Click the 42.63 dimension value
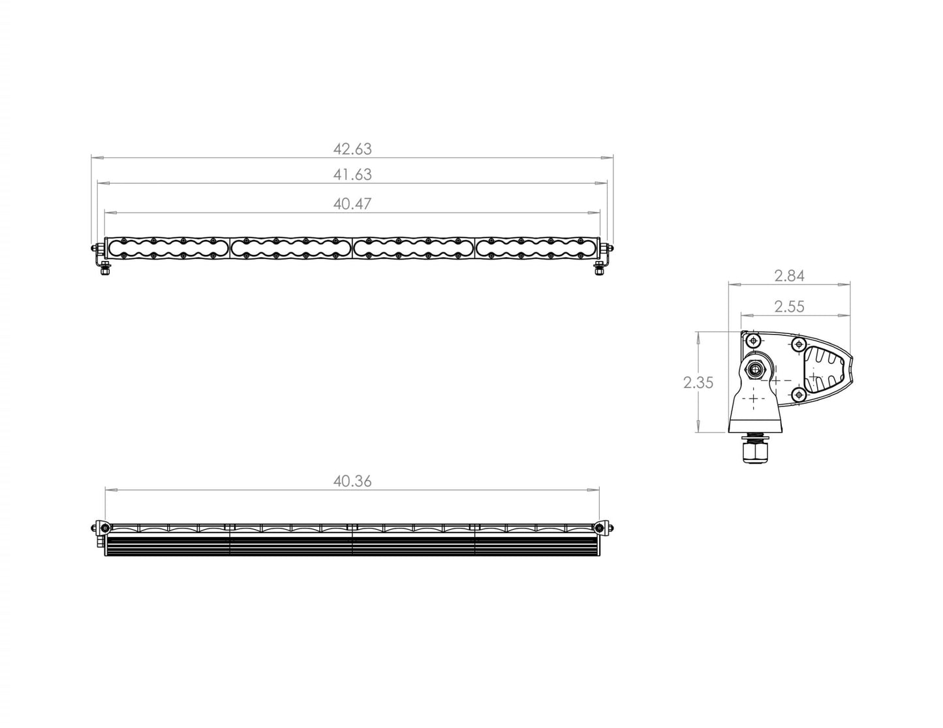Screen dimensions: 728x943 pos(352,149)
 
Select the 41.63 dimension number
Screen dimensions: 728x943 pos(352,175)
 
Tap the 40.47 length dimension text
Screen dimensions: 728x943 pos(352,204)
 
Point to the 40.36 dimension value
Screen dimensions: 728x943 pos(352,481)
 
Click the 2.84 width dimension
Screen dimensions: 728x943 pos(789,276)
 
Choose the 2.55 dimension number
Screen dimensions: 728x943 pos(789,307)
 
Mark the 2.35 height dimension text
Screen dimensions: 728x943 pos(698,383)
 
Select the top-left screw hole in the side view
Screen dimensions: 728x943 pos(754,341)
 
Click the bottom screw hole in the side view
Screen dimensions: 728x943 pos(797,394)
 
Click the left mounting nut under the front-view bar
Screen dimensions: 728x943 pos(104,270)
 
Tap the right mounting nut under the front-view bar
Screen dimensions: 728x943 pos(599,271)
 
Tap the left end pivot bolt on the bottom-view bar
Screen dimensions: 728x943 pos(100,528)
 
